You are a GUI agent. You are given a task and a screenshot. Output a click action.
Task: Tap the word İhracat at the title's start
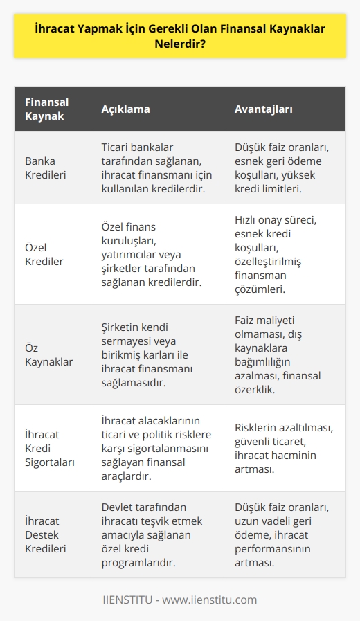tap(57, 30)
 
